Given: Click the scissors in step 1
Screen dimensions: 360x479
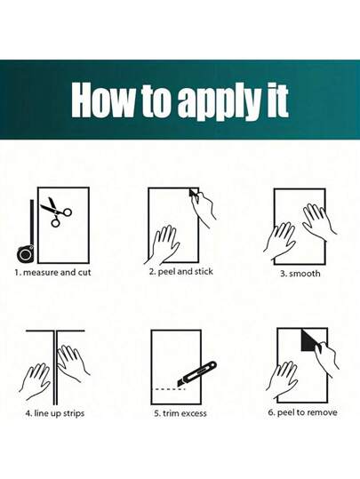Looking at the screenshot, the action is (56, 212).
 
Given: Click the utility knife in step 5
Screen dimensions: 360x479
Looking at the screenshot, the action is (196, 373).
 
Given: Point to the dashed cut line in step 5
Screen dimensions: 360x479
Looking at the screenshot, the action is (170, 389).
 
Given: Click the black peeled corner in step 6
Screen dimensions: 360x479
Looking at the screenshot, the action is (309, 339).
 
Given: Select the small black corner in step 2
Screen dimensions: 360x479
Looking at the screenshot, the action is (193, 193).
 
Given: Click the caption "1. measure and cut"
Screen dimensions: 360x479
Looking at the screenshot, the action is (52, 272).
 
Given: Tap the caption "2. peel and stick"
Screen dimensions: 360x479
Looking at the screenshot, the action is (181, 272).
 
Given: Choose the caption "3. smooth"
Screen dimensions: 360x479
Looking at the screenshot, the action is (300, 274).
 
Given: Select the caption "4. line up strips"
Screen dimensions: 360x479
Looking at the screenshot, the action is (55, 413).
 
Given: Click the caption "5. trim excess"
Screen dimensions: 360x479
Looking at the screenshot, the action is (180, 413).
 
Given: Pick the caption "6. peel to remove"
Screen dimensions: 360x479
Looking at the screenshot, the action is (303, 412).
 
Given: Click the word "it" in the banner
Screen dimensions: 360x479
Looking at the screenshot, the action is (278, 100).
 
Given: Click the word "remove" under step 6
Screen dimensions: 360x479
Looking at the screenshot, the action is (322, 412).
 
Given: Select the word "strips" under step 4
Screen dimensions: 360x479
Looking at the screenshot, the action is (74, 413).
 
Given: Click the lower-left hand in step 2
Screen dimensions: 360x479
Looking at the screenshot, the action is (163, 245).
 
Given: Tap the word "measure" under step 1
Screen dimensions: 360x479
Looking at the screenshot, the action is (41, 273).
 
